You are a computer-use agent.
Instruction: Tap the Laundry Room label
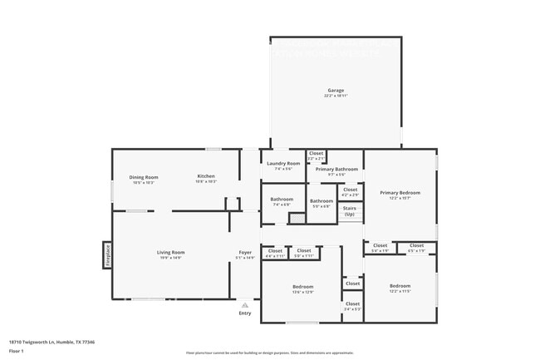point(282,164)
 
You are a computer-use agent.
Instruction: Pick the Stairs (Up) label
point(349,211)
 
